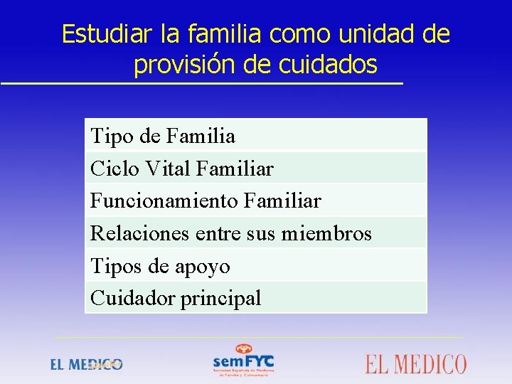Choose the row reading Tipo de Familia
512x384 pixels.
[162, 135]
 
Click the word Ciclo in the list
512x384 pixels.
[110, 169]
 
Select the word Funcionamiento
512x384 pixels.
[164, 201]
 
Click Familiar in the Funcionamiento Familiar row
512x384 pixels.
[282, 201]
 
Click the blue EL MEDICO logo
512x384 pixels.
[86, 364]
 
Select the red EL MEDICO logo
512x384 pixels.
[416, 364]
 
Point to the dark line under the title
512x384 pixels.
[201, 84]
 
